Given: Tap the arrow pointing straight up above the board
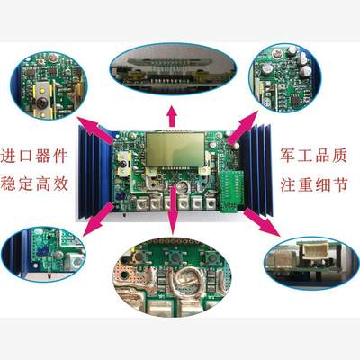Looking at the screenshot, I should (173, 111).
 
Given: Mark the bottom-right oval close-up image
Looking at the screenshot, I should (310, 261).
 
